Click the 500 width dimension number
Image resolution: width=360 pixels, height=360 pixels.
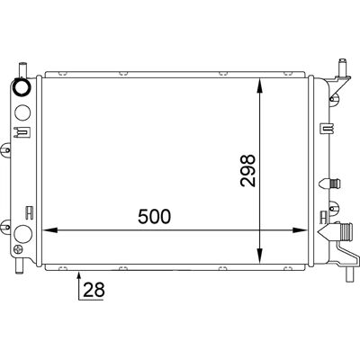pos(154,217)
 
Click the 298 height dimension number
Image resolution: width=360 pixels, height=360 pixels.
pos(247,171)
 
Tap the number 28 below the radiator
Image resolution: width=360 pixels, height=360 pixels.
pos(94,290)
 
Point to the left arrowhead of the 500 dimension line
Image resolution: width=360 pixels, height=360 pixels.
pos(49,230)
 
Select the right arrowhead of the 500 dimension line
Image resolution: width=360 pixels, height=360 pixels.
pos(301,230)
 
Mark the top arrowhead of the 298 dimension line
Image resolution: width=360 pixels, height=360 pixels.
pos(260,85)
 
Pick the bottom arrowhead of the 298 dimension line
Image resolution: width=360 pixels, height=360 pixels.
pos(260,257)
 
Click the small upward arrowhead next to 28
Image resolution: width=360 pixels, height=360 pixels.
pos(79,274)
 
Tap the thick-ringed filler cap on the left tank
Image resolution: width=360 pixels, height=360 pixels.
pos(22,86)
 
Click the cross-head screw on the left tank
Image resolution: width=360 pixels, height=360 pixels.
pos(19,249)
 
